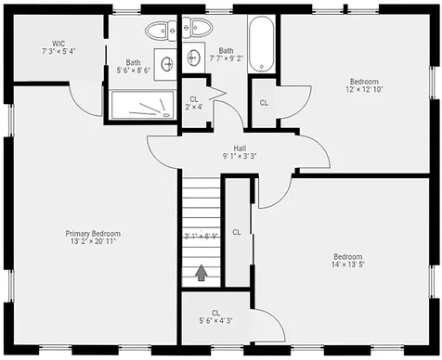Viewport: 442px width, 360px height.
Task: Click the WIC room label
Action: pyautogui.click(x=58, y=46)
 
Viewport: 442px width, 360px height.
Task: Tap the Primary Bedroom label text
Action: pyautogui.click(x=92, y=237)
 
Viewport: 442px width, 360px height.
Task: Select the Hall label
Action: pyautogui.click(x=240, y=151)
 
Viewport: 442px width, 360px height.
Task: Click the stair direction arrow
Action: pyautogui.click(x=201, y=272)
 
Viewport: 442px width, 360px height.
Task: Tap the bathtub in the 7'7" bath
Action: pyautogui.click(x=261, y=43)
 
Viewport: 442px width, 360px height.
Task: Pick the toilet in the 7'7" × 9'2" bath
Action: pyautogui.click(x=192, y=29)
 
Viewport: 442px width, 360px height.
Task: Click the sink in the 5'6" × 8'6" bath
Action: pyautogui.click(x=167, y=64)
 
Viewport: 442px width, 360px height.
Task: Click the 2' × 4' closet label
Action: pyautogui.click(x=194, y=102)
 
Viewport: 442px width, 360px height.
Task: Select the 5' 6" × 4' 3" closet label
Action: pyautogui.click(x=215, y=316)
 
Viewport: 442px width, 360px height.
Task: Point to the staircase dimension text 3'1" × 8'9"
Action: pyautogui.click(x=201, y=236)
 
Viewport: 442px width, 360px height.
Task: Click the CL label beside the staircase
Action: pyautogui.click(x=237, y=231)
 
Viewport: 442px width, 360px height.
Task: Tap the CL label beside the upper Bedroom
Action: pyautogui.click(x=264, y=103)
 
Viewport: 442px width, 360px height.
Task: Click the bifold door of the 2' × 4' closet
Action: pyautogui.click(x=217, y=93)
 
